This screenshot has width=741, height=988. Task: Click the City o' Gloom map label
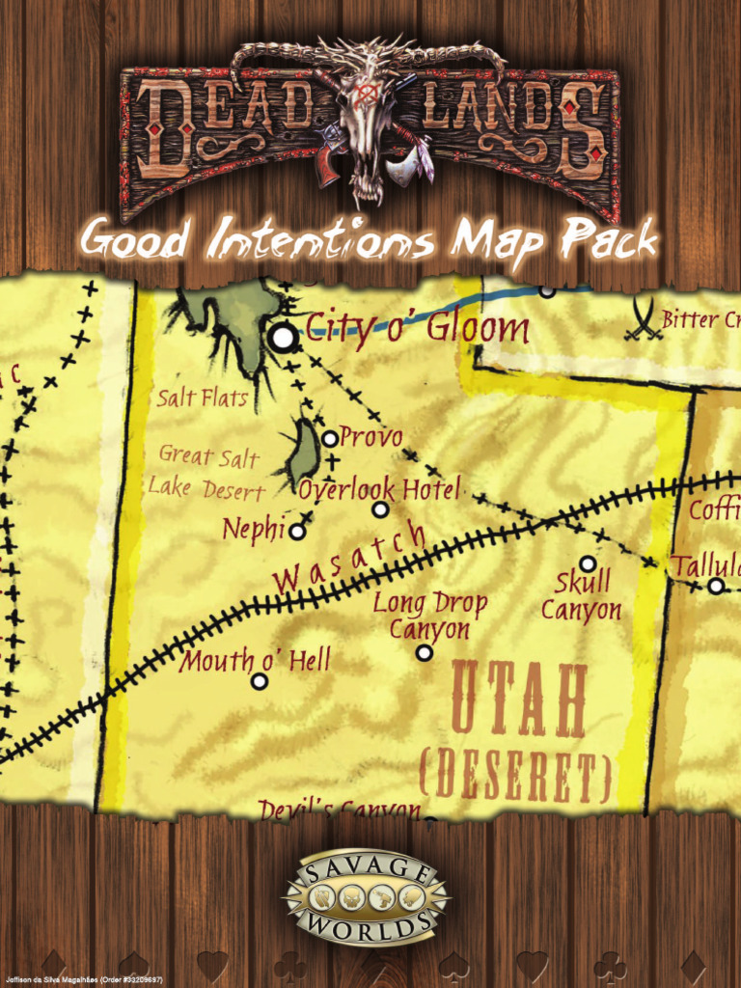click(x=417, y=328)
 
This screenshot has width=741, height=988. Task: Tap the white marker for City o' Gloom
click(x=283, y=337)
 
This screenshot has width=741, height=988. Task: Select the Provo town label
click(x=370, y=437)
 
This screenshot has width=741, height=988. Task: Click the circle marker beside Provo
click(x=330, y=438)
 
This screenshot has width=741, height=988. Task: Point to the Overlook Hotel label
click(x=379, y=488)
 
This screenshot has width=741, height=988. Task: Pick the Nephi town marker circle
click(x=297, y=531)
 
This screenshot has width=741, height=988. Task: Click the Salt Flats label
click(x=202, y=397)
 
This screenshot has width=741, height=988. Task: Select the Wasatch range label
click(x=349, y=559)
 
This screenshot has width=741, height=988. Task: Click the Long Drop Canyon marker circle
click(x=424, y=653)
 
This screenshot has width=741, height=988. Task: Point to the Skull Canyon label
click(x=582, y=596)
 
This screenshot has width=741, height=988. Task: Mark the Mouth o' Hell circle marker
click(x=259, y=681)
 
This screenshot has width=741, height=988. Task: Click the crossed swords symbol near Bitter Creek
click(x=643, y=319)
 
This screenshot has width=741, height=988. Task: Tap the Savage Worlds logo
click(x=366, y=897)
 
